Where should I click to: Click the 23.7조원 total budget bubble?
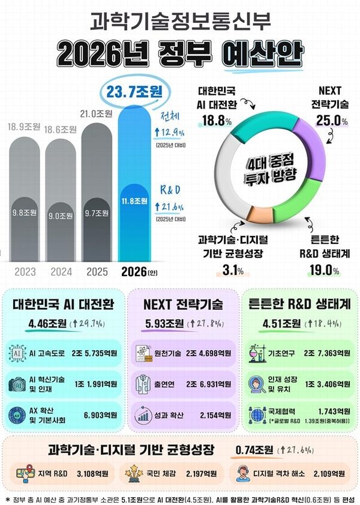pyautogui.click(x=136, y=92)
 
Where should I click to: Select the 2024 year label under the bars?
pyautogui.click(x=61, y=271)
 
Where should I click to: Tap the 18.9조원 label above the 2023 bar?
pyautogui.click(x=23, y=127)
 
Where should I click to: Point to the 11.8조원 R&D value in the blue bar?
pyautogui.click(x=136, y=201)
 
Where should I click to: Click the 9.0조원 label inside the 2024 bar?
pyautogui.click(x=61, y=215)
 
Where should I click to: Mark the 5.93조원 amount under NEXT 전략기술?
pyautogui.click(x=163, y=325)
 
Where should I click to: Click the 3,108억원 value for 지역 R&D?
pyautogui.click(x=92, y=473)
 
